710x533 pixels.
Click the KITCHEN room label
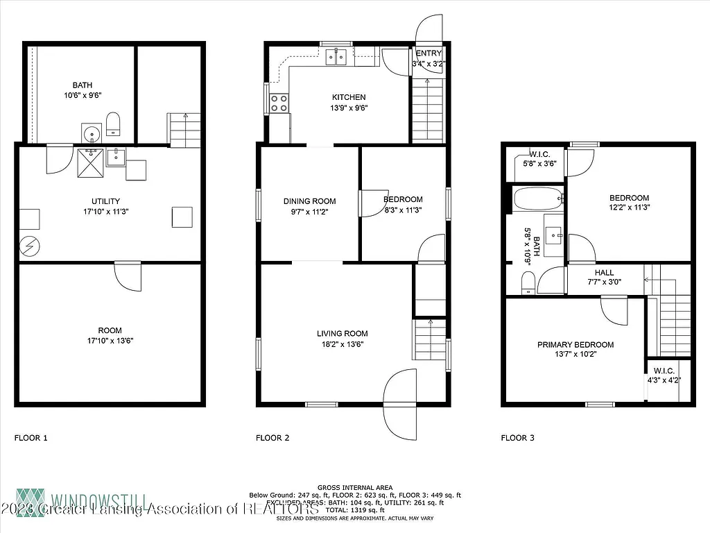349,97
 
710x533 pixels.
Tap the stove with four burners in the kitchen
279,103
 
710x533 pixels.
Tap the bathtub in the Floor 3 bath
538,199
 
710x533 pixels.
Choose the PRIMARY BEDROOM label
575,345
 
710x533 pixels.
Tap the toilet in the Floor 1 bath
114,125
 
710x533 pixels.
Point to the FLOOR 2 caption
272,438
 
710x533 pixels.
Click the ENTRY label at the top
428,54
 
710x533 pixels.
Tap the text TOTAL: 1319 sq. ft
355,509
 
